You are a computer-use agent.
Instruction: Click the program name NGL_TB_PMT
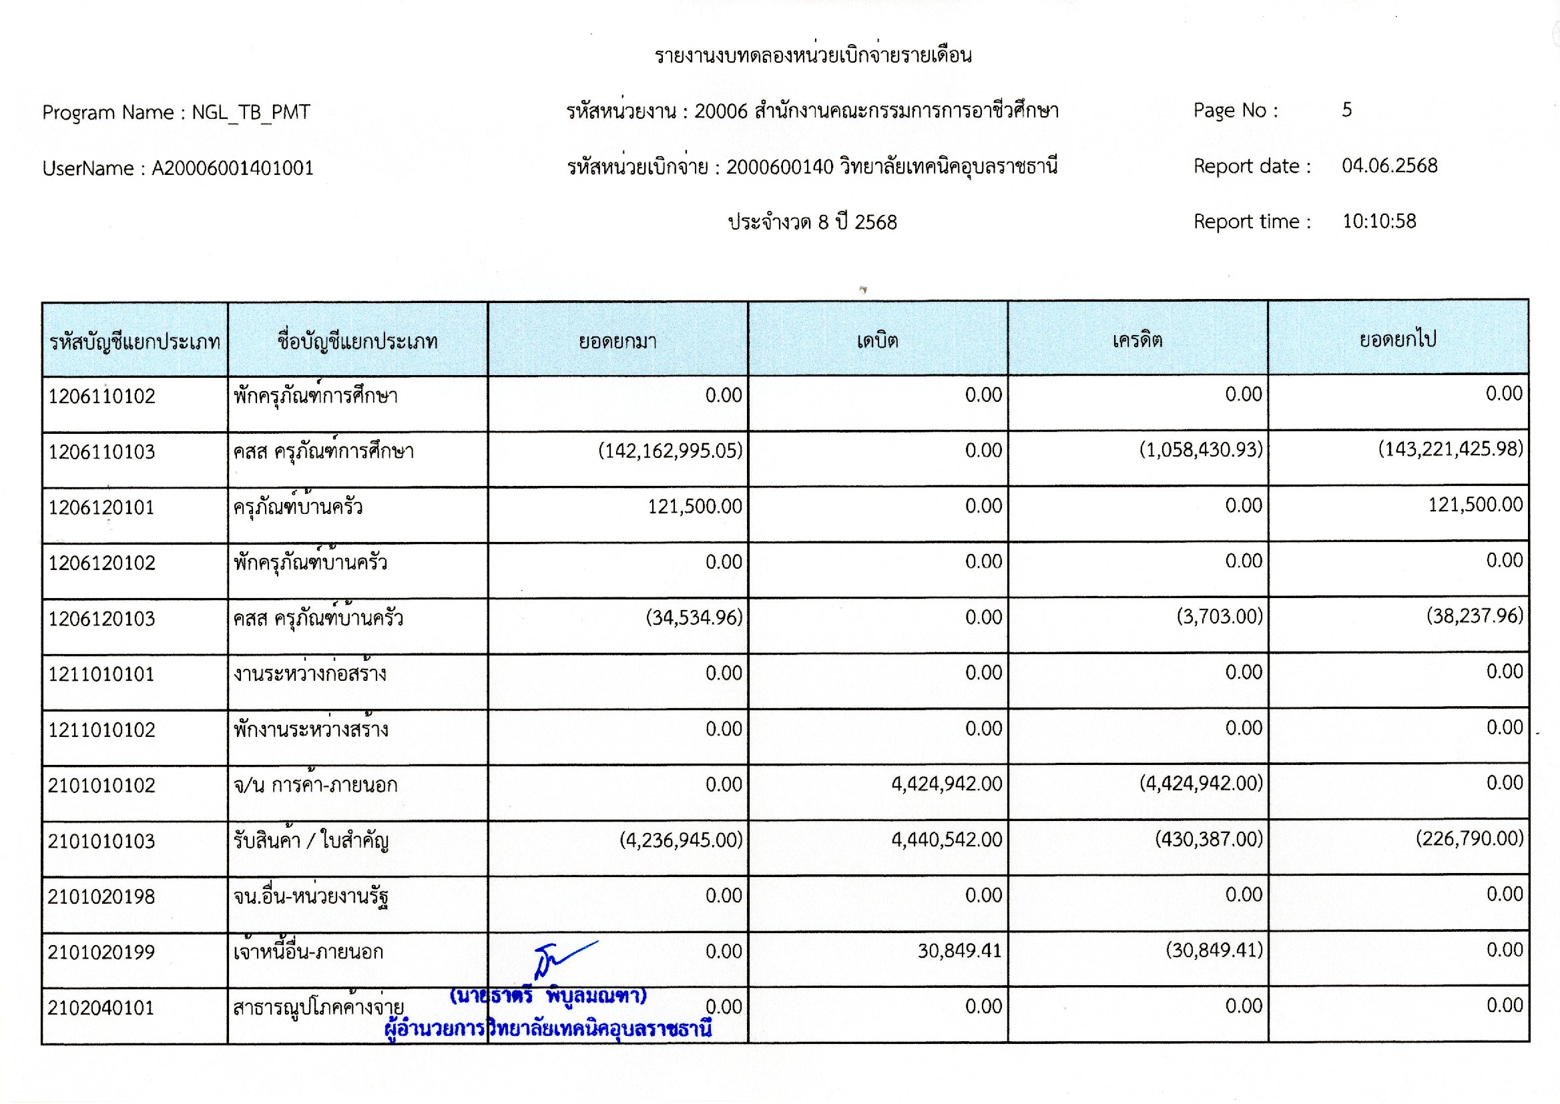coord(251,112)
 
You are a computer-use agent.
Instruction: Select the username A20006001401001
coord(232,168)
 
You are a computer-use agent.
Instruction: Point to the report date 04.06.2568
coord(1389,166)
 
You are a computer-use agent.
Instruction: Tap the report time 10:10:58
coord(1379,222)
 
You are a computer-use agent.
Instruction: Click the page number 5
coord(1346,110)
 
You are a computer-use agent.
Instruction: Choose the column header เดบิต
coord(878,340)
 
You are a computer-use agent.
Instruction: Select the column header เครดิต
coord(1137,340)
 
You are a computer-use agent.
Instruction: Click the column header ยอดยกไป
coord(1398,339)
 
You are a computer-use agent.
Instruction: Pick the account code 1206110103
coord(101,452)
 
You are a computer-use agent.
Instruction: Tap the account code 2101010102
coord(101,786)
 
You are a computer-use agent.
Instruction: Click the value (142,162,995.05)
coord(670,451)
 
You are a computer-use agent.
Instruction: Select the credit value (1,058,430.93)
coord(1201,450)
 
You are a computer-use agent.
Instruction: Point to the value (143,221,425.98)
coord(1451,449)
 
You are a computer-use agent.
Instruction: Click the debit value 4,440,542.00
coord(947,840)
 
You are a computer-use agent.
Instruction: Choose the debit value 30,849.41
coord(960,950)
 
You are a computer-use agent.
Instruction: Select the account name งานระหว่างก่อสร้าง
coord(310,673)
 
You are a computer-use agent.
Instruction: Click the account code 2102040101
coord(101,1007)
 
